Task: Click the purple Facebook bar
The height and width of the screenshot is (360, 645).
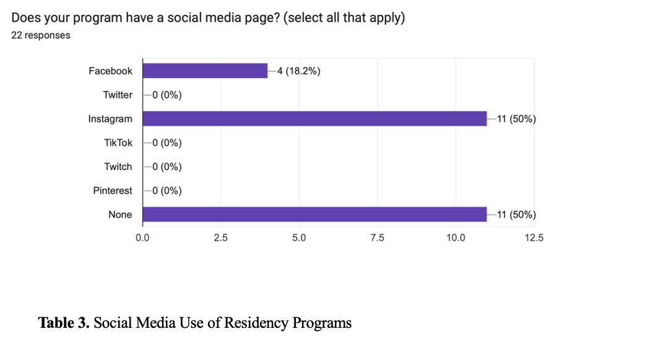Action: tap(205, 71)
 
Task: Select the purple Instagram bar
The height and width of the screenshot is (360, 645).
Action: tap(314, 119)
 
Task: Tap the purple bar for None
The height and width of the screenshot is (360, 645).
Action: tap(314, 215)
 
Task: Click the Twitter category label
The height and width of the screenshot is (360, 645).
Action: tap(118, 95)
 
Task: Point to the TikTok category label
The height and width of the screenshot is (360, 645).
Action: tap(118, 143)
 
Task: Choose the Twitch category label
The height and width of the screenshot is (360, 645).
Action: tap(118, 166)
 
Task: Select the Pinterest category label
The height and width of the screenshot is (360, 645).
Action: tap(113, 191)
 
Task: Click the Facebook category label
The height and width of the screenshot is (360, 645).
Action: tap(110, 71)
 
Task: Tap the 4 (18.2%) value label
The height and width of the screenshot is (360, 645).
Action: tap(298, 71)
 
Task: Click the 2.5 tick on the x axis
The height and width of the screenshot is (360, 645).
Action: tap(221, 238)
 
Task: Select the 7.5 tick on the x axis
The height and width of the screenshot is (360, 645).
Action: tap(377, 238)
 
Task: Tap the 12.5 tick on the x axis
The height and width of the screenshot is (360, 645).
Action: tap(534, 238)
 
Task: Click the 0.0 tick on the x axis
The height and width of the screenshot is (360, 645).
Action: tap(142, 238)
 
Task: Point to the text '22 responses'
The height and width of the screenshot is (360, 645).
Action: tap(41, 35)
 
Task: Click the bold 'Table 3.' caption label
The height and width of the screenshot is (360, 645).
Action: tap(64, 323)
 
